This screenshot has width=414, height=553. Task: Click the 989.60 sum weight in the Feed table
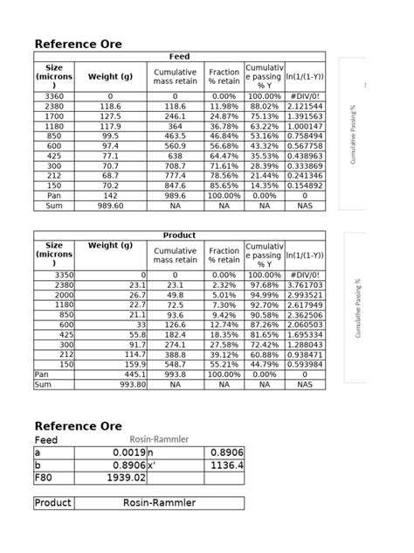point(110,206)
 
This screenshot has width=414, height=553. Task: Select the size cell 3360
point(54,96)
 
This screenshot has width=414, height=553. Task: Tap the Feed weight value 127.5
point(110,115)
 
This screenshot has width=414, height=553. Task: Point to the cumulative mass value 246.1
point(175,115)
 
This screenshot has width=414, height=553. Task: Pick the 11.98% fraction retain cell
point(224,106)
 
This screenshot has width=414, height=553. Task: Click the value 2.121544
point(305,106)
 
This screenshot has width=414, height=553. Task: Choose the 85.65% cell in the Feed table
point(224,185)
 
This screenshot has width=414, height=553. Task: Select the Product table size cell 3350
point(54,275)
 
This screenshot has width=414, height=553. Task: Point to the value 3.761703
point(305,284)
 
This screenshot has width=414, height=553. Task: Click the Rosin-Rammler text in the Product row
point(160,503)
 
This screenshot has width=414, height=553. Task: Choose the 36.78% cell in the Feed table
point(224,126)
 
